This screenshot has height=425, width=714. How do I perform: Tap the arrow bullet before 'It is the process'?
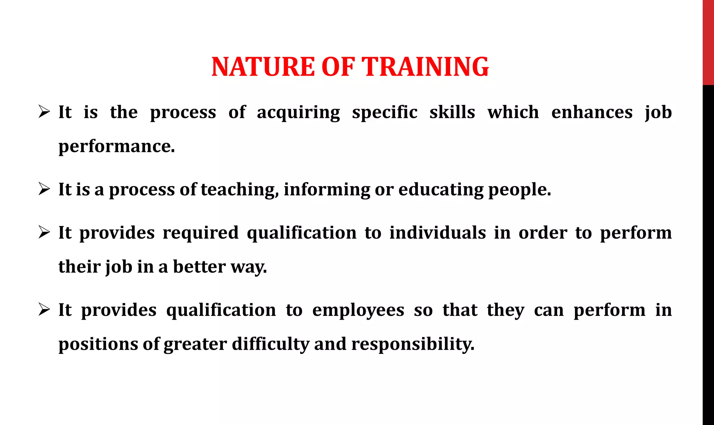coord(44,112)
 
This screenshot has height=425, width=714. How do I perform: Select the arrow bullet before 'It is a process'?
coord(44,189)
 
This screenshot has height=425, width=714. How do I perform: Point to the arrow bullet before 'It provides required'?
coord(44,233)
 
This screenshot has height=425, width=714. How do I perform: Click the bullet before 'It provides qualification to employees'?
coord(44,310)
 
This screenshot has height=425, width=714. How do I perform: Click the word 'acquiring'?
coord(298,113)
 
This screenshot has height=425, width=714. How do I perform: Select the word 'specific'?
coord(385,113)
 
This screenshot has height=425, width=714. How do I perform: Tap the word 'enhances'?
coord(592,112)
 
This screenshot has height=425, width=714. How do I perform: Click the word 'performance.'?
coord(116,146)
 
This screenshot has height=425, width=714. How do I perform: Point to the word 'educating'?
coord(441,190)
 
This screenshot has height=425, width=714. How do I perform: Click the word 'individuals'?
coord(437,233)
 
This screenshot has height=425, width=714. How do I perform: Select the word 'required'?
coord(200,233)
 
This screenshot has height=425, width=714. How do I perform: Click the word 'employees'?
coord(358,310)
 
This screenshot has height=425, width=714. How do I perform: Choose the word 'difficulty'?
coord(270,344)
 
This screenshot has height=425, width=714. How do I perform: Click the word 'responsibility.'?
coord(413,344)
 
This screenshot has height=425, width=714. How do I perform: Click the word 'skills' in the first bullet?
coord(452,112)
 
